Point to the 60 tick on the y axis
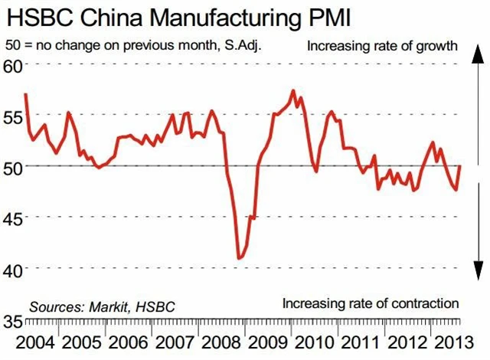pyautogui.click(x=13, y=64)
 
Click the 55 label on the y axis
pyautogui.click(x=13, y=116)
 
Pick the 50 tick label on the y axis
pyautogui.click(x=13, y=166)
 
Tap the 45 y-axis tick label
pyautogui.click(x=13, y=218)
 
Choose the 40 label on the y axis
pyautogui.click(x=13, y=270)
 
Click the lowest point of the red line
pyautogui.click(x=240, y=259)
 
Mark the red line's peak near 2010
pyautogui.click(x=294, y=90)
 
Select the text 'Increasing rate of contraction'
pyautogui.click(x=370, y=303)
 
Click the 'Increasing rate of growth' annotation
pyautogui.click(x=383, y=46)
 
